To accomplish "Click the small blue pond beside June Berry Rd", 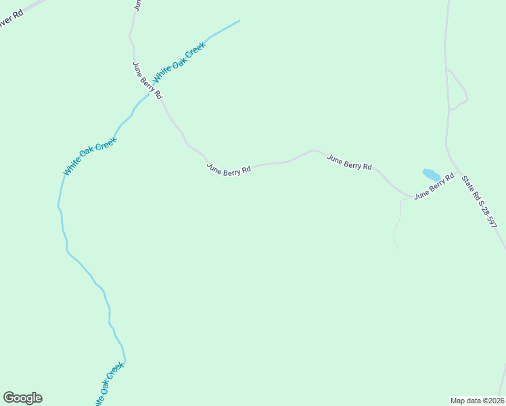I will click(x=431, y=175).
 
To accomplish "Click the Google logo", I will click(x=22, y=398).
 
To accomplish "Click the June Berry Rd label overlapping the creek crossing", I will click(x=147, y=81).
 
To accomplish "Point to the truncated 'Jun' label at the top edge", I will click(x=137, y=5).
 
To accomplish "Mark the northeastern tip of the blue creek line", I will click(x=239, y=20).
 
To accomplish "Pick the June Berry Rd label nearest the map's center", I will click(x=229, y=168).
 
